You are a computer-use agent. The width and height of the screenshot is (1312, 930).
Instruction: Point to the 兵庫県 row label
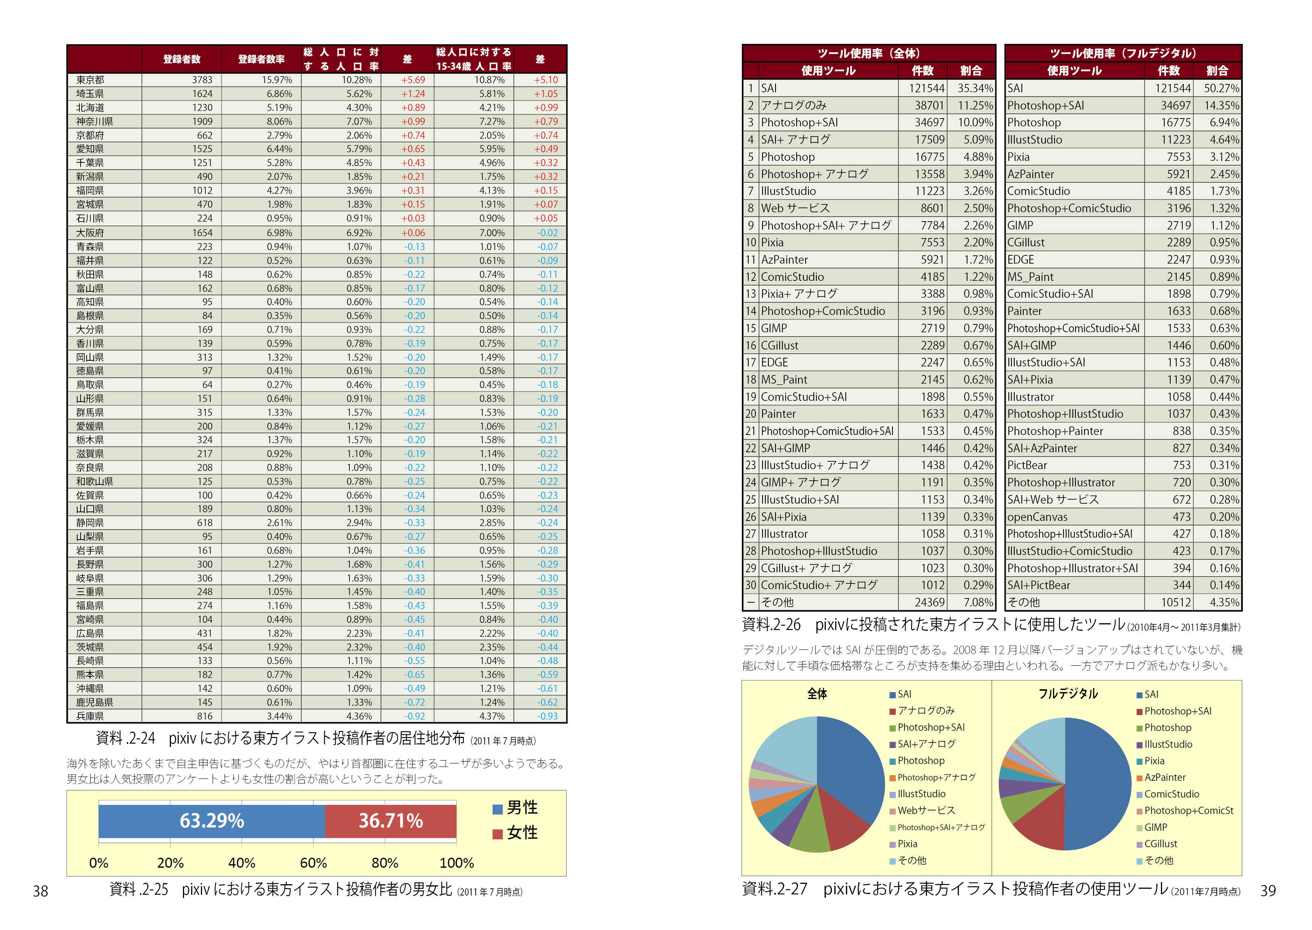(90, 716)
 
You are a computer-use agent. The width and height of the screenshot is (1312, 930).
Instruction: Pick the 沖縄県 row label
(90, 688)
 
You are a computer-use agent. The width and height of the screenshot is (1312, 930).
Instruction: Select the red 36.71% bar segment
(390, 820)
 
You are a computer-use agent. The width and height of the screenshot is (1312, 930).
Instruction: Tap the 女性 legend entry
(515, 832)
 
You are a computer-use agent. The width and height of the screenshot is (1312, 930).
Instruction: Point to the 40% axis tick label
(241, 862)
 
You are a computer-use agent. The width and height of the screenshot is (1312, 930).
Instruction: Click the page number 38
(40, 891)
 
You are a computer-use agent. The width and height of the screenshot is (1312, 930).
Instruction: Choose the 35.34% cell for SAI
(975, 88)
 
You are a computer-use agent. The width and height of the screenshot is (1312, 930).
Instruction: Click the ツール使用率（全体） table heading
(869, 53)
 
